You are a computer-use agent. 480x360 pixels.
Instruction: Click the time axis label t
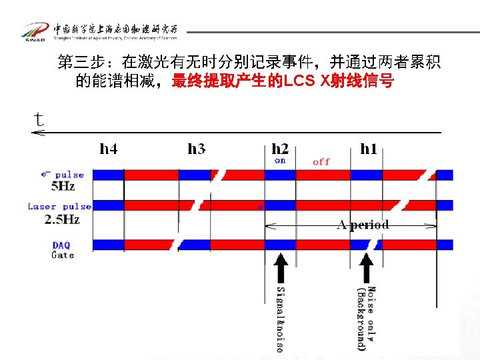(x=39, y=119)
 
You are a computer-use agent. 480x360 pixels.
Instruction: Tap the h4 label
(x=109, y=149)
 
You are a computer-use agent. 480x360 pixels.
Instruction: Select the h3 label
(x=197, y=149)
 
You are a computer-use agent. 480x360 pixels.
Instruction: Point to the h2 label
(x=280, y=149)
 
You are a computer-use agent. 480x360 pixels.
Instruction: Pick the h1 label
(x=368, y=149)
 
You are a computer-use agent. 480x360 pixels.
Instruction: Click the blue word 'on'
(x=280, y=161)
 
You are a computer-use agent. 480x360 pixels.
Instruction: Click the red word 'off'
(x=321, y=161)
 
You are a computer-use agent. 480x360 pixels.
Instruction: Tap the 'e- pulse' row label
(x=63, y=175)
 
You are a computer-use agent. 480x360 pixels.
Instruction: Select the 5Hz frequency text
(x=63, y=187)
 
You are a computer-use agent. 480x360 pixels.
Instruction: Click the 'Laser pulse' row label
(x=59, y=207)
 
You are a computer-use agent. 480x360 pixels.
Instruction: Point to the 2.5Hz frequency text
(x=62, y=219)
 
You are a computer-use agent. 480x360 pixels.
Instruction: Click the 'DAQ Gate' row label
(x=63, y=250)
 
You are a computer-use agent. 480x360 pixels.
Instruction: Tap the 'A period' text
(x=363, y=225)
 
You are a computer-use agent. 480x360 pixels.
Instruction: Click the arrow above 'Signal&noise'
(x=281, y=267)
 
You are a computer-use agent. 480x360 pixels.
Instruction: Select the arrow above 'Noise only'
(x=366, y=267)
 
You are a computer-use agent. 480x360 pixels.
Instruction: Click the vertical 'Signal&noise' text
(x=281, y=320)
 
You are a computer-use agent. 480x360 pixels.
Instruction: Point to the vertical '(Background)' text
(x=361, y=319)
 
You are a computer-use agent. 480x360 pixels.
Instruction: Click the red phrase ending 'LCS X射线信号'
(x=283, y=82)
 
